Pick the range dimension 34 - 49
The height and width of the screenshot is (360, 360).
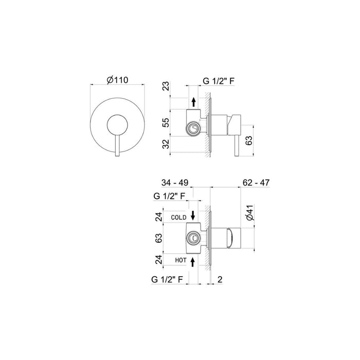click(175, 183)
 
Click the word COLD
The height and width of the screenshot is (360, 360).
click(178, 218)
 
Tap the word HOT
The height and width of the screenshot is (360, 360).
click(180, 261)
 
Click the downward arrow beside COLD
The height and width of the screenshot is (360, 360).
click(192, 215)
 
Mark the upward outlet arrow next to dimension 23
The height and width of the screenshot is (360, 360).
click(193, 101)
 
